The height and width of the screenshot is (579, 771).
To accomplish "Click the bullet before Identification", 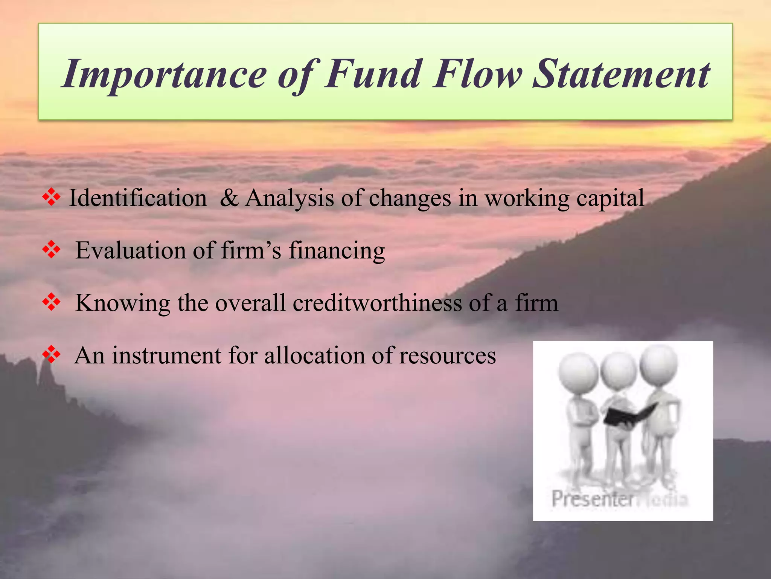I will click(x=52, y=198).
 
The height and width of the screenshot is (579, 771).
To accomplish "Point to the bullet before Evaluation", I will click(x=52, y=250).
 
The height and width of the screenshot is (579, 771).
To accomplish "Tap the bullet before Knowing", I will click(x=52, y=303).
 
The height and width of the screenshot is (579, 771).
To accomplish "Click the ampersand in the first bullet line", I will click(x=229, y=198).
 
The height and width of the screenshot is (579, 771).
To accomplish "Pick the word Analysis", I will click(x=290, y=198).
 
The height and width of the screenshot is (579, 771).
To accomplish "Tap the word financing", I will click(x=337, y=251).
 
